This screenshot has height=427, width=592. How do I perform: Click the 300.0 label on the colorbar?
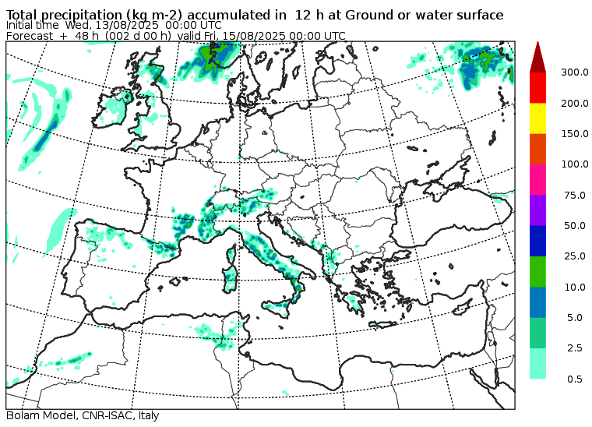coord(573,72)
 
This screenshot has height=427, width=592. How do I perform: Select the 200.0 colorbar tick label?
coord(573,103)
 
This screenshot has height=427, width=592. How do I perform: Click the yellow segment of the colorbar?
coord(537,118)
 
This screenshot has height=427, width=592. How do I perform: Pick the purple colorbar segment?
coord(537,210)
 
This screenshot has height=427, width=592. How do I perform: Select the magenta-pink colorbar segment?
coord(537,179)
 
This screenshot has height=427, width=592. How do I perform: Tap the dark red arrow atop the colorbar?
coord(537,57)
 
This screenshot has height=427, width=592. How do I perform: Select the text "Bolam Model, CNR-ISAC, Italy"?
coord(82,416)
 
